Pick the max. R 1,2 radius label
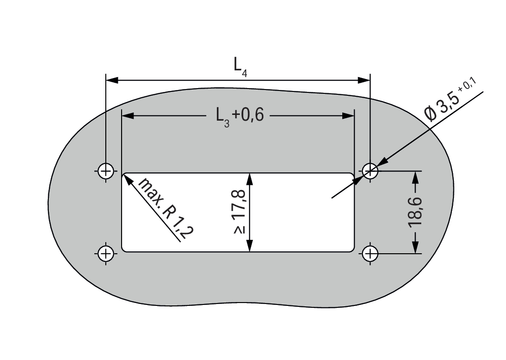click(x=166, y=208)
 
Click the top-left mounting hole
click(x=106, y=170)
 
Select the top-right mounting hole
click(x=370, y=170)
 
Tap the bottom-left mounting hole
click(x=106, y=254)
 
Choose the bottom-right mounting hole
click(x=370, y=254)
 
